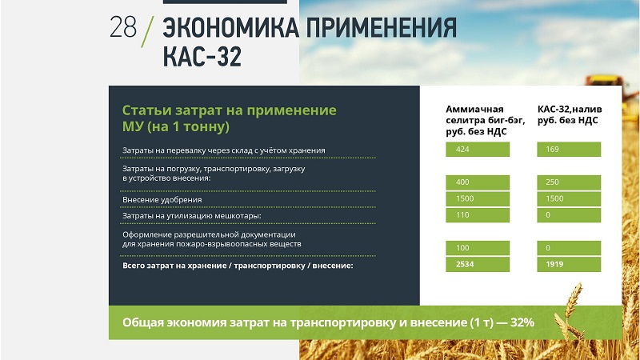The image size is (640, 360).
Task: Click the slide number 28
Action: click(123, 27)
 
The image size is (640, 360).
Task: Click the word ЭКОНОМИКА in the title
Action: click(231, 28)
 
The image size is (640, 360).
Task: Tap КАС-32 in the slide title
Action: click(202, 56)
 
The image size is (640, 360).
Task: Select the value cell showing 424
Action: click(478, 150)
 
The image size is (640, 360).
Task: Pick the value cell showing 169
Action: click(569, 150)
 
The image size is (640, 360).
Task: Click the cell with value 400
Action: click(478, 182)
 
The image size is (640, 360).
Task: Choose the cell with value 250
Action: click(569, 182)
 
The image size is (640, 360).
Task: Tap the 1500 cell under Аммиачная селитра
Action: click(478, 198)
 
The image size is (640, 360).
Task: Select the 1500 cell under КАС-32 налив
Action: click(569, 198)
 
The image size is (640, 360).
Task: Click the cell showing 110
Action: click(478, 215)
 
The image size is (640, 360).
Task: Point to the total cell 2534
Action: click(478, 265)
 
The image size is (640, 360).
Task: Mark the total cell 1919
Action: click(569, 265)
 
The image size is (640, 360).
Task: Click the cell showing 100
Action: click(478, 248)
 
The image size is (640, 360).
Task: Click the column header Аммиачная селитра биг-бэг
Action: click(486, 121)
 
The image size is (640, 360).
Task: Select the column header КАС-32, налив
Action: click(570, 114)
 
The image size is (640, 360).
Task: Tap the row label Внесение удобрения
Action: click(162, 200)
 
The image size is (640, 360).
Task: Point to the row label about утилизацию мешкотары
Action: click(192, 216)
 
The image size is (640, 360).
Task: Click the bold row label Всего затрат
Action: click(238, 266)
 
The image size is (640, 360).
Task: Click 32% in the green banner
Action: click(522, 322)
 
